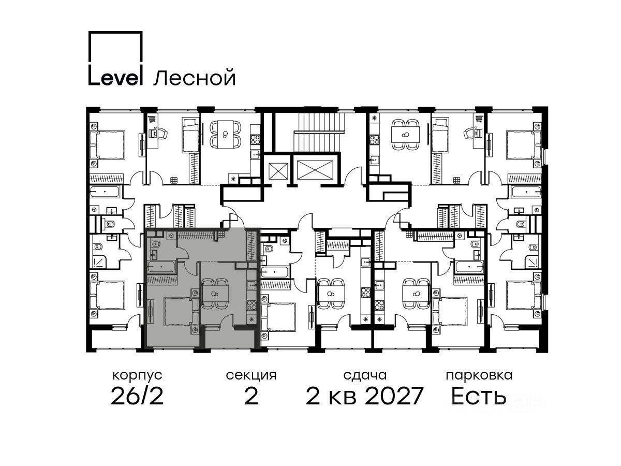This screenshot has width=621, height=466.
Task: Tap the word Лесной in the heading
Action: (x=195, y=78)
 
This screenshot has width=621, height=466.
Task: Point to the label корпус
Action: (x=137, y=376)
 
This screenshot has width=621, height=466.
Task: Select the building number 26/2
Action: (x=137, y=396)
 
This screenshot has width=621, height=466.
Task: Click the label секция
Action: (x=251, y=376)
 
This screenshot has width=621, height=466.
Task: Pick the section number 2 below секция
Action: (x=251, y=396)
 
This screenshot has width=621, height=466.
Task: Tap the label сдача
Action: (x=365, y=376)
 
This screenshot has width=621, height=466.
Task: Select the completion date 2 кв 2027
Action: (x=365, y=396)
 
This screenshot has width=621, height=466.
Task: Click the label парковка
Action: (x=479, y=376)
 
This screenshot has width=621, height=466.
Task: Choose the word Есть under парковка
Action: (x=478, y=397)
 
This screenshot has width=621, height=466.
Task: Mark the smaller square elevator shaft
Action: (x=278, y=171)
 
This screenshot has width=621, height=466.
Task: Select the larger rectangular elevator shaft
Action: (x=315, y=170)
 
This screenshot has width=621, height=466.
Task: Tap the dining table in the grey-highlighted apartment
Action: (x=215, y=294)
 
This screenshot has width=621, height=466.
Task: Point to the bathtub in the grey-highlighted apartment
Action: (x=161, y=267)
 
